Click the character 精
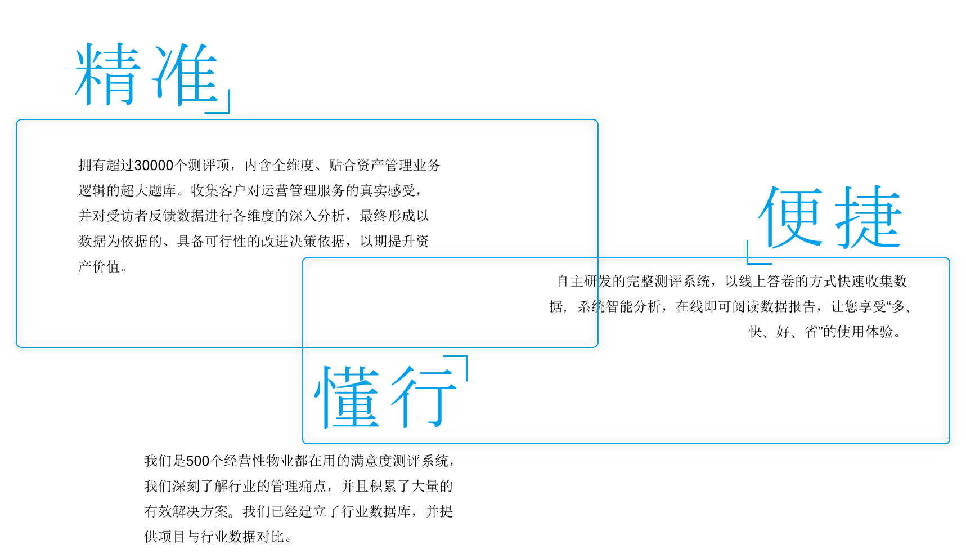(107, 75)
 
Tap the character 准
(186, 75)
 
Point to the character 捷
(869, 217)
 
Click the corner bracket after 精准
(224, 107)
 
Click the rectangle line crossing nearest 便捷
(597, 258)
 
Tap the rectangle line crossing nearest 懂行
(303, 347)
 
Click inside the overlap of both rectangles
(450, 302)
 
